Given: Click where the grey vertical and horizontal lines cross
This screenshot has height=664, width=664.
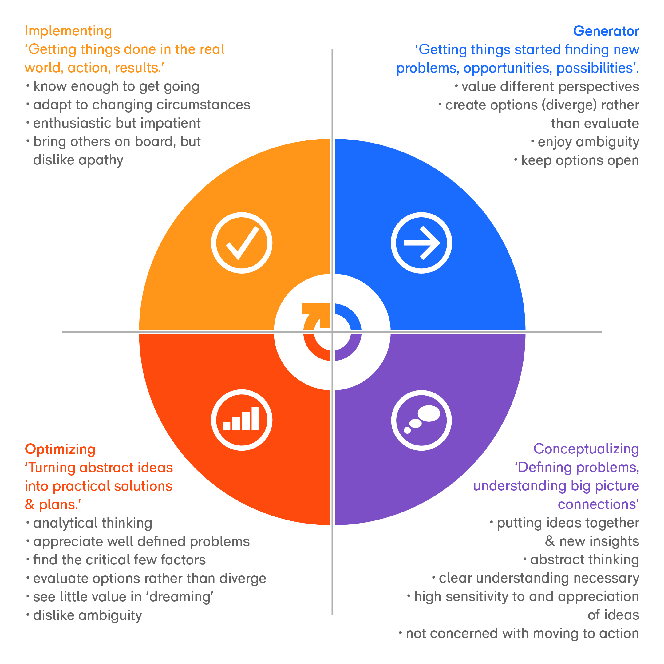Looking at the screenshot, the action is [332, 332].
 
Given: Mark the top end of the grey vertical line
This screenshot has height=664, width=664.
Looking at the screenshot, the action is [332, 49].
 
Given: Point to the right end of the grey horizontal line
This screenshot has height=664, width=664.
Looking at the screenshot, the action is [602, 332].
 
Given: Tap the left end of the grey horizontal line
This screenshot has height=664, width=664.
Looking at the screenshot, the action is [62, 332].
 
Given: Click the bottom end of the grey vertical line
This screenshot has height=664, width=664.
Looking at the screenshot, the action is [332, 615].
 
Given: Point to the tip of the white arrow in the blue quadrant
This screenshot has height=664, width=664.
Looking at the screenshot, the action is [440, 243].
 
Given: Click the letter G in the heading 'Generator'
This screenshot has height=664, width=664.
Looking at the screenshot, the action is [579, 31].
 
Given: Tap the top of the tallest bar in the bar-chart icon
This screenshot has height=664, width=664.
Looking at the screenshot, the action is [255, 408].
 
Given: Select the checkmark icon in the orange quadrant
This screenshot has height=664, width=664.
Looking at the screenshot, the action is [242, 243].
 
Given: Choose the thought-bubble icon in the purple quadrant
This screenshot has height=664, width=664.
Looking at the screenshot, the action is [421, 420].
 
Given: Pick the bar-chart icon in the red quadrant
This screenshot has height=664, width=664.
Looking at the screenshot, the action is [242, 420].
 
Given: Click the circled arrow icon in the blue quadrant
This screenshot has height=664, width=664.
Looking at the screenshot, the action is [421, 243].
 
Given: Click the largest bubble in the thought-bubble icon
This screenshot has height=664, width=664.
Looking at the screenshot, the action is [429, 413].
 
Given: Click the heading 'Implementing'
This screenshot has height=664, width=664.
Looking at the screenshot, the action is [68, 31].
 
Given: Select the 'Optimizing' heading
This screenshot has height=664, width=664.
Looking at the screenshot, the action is [60, 449].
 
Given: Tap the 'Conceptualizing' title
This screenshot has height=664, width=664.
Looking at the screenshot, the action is [586, 449].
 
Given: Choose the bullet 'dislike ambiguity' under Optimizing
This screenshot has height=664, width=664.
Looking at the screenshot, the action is [87, 615].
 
